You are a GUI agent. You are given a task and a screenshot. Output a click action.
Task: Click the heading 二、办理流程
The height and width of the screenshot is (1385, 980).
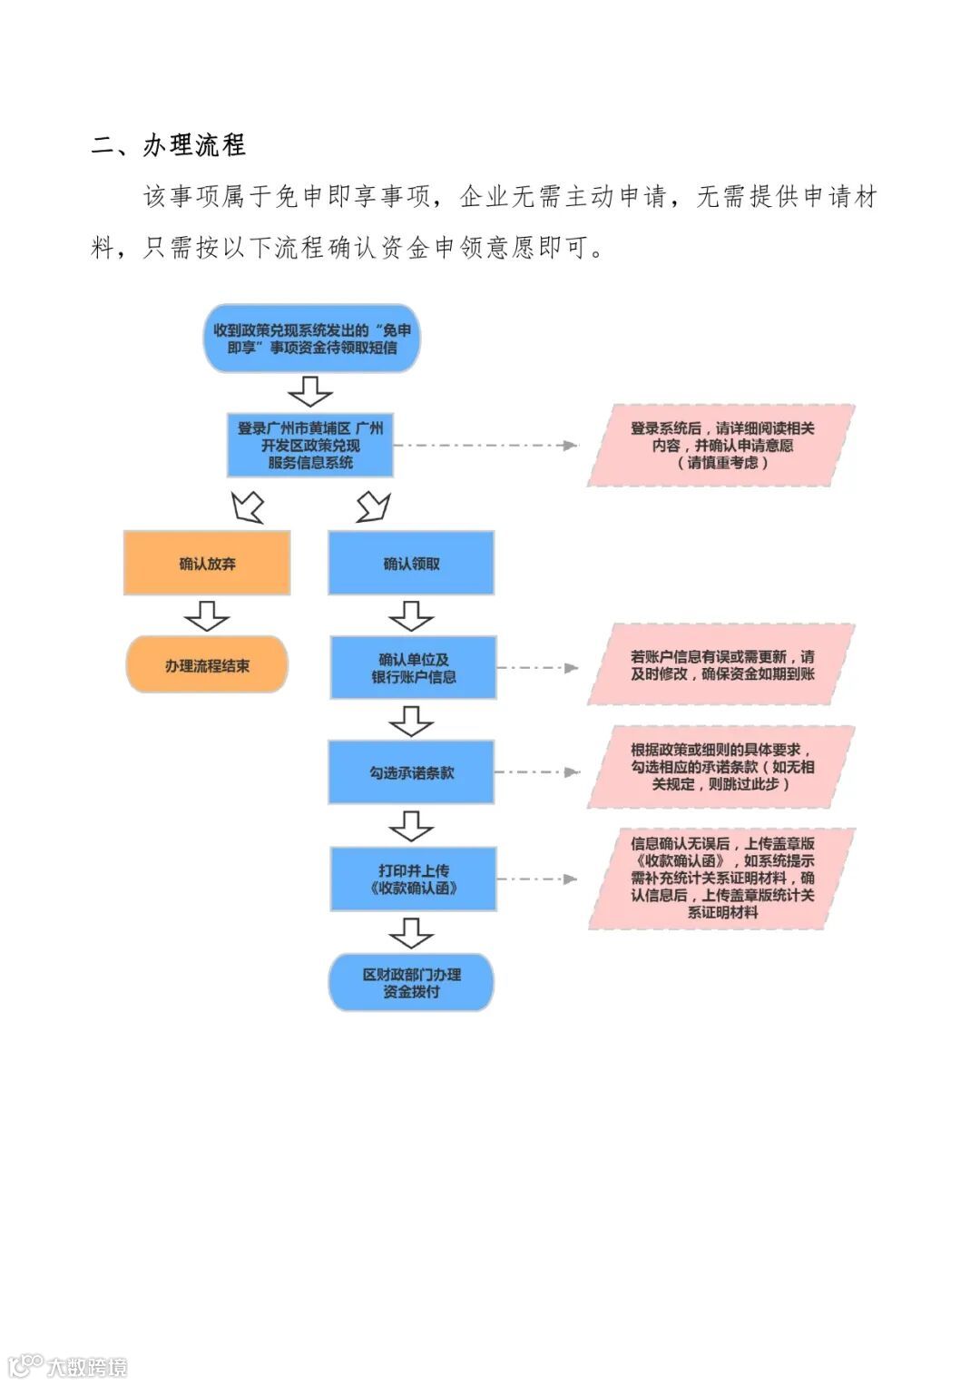(x=169, y=145)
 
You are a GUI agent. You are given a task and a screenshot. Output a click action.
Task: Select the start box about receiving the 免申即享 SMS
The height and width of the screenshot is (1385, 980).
(x=311, y=339)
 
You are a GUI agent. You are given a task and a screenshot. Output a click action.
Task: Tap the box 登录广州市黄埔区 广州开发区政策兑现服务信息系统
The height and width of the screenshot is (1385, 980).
(x=309, y=445)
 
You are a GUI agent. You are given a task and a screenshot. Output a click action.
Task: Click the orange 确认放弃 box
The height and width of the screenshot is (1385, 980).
(x=207, y=564)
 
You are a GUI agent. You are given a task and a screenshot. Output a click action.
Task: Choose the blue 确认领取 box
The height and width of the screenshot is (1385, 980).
(x=411, y=564)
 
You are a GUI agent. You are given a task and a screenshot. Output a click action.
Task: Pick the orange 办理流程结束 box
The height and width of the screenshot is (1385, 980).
(x=207, y=665)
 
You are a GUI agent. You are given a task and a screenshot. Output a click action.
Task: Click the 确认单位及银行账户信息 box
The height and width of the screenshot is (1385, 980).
(x=413, y=668)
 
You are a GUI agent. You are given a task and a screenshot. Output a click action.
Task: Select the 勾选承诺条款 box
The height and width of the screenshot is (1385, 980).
(x=411, y=772)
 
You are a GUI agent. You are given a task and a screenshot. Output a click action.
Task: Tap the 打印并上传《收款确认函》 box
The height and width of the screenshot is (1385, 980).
(x=413, y=879)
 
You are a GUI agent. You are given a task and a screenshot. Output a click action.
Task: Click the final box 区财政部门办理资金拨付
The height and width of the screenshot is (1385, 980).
(x=411, y=982)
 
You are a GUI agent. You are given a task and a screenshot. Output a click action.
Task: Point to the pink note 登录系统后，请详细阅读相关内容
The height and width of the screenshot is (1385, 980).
(x=721, y=446)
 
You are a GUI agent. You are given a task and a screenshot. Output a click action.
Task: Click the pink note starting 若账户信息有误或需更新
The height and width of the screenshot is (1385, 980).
(x=721, y=664)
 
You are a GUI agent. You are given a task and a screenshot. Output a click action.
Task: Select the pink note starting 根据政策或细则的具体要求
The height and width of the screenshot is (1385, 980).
(x=721, y=767)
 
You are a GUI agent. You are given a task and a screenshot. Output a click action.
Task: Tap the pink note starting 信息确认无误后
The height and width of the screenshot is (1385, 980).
(x=721, y=878)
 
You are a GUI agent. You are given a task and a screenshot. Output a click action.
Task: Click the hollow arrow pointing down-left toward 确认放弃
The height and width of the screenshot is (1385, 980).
(x=248, y=506)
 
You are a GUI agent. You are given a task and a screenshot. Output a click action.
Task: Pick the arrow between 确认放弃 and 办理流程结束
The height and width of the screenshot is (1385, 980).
(x=207, y=615)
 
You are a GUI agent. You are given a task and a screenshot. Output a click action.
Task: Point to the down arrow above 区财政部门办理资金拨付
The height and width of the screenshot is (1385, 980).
(x=411, y=932)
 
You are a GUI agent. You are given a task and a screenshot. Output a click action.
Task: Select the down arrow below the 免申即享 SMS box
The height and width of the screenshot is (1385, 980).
(x=310, y=391)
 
